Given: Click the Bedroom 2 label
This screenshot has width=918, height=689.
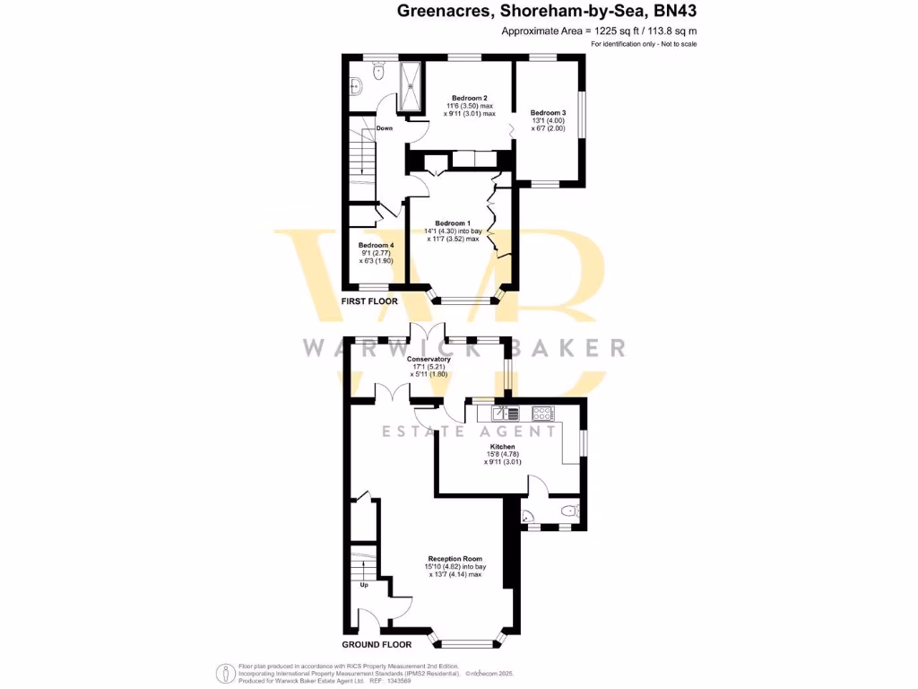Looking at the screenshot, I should (469, 98).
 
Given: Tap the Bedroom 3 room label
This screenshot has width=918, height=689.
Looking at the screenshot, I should (548, 112).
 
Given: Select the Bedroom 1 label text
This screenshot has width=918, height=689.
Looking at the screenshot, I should (452, 223).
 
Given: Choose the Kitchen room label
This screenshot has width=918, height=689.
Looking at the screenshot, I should (502, 446).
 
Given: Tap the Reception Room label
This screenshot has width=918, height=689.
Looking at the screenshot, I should (456, 558).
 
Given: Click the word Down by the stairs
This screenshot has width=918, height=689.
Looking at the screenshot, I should (385, 128).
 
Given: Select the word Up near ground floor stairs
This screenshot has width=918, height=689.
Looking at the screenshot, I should (364, 585).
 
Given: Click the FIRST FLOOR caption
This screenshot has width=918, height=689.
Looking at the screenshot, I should (369, 301).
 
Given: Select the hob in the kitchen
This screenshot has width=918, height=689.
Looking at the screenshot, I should (542, 414).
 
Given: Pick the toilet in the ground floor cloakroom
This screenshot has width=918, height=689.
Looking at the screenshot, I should (567, 511).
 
